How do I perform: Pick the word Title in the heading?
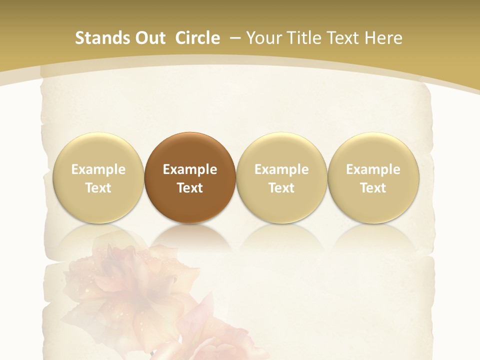click(301, 38)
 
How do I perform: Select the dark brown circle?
click(190, 177)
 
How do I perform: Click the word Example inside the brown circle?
click(190, 169)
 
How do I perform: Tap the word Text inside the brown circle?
click(190, 188)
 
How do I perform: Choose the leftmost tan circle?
click(98, 177)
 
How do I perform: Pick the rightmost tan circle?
click(373, 177)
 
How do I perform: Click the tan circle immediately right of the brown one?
click(281, 177)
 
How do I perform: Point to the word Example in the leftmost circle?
click(98, 169)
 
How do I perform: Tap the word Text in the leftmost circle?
click(98, 188)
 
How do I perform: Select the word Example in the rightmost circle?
click(373, 169)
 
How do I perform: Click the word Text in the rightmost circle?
click(373, 188)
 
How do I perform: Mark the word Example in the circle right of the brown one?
click(281, 169)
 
